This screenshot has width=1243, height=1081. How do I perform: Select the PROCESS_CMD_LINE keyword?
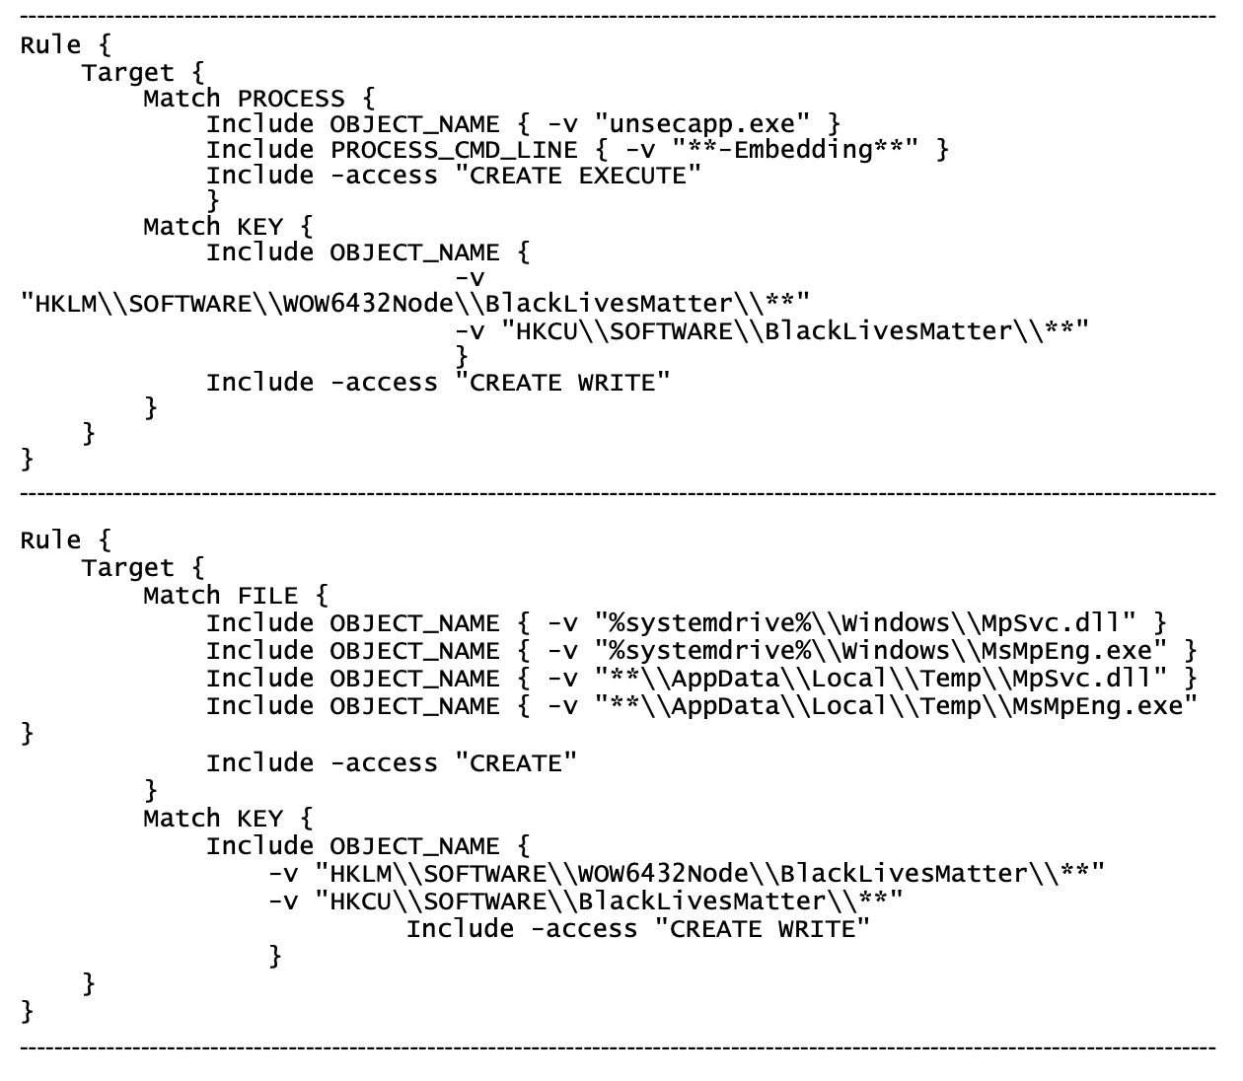coord(454,150)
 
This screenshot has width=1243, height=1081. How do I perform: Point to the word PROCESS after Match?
coord(291,99)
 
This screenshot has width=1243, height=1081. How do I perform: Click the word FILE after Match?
coord(267,596)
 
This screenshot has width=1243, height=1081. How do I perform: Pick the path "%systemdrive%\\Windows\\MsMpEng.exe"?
coord(882,651)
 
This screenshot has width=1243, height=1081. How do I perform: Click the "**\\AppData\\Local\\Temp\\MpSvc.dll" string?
coord(882,679)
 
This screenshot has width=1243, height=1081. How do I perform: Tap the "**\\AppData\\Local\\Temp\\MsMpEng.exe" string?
coord(897,706)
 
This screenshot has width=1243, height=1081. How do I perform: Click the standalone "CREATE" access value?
coord(516,763)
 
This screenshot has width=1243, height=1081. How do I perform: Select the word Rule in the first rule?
coord(50,45)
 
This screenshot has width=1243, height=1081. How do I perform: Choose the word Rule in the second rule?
coord(50,540)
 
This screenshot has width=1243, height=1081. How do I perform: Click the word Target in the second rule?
coord(127,568)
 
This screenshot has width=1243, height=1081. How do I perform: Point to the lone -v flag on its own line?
coord(470,279)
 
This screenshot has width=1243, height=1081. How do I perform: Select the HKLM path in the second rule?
coord(710,874)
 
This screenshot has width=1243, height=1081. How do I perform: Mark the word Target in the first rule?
coord(127,73)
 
